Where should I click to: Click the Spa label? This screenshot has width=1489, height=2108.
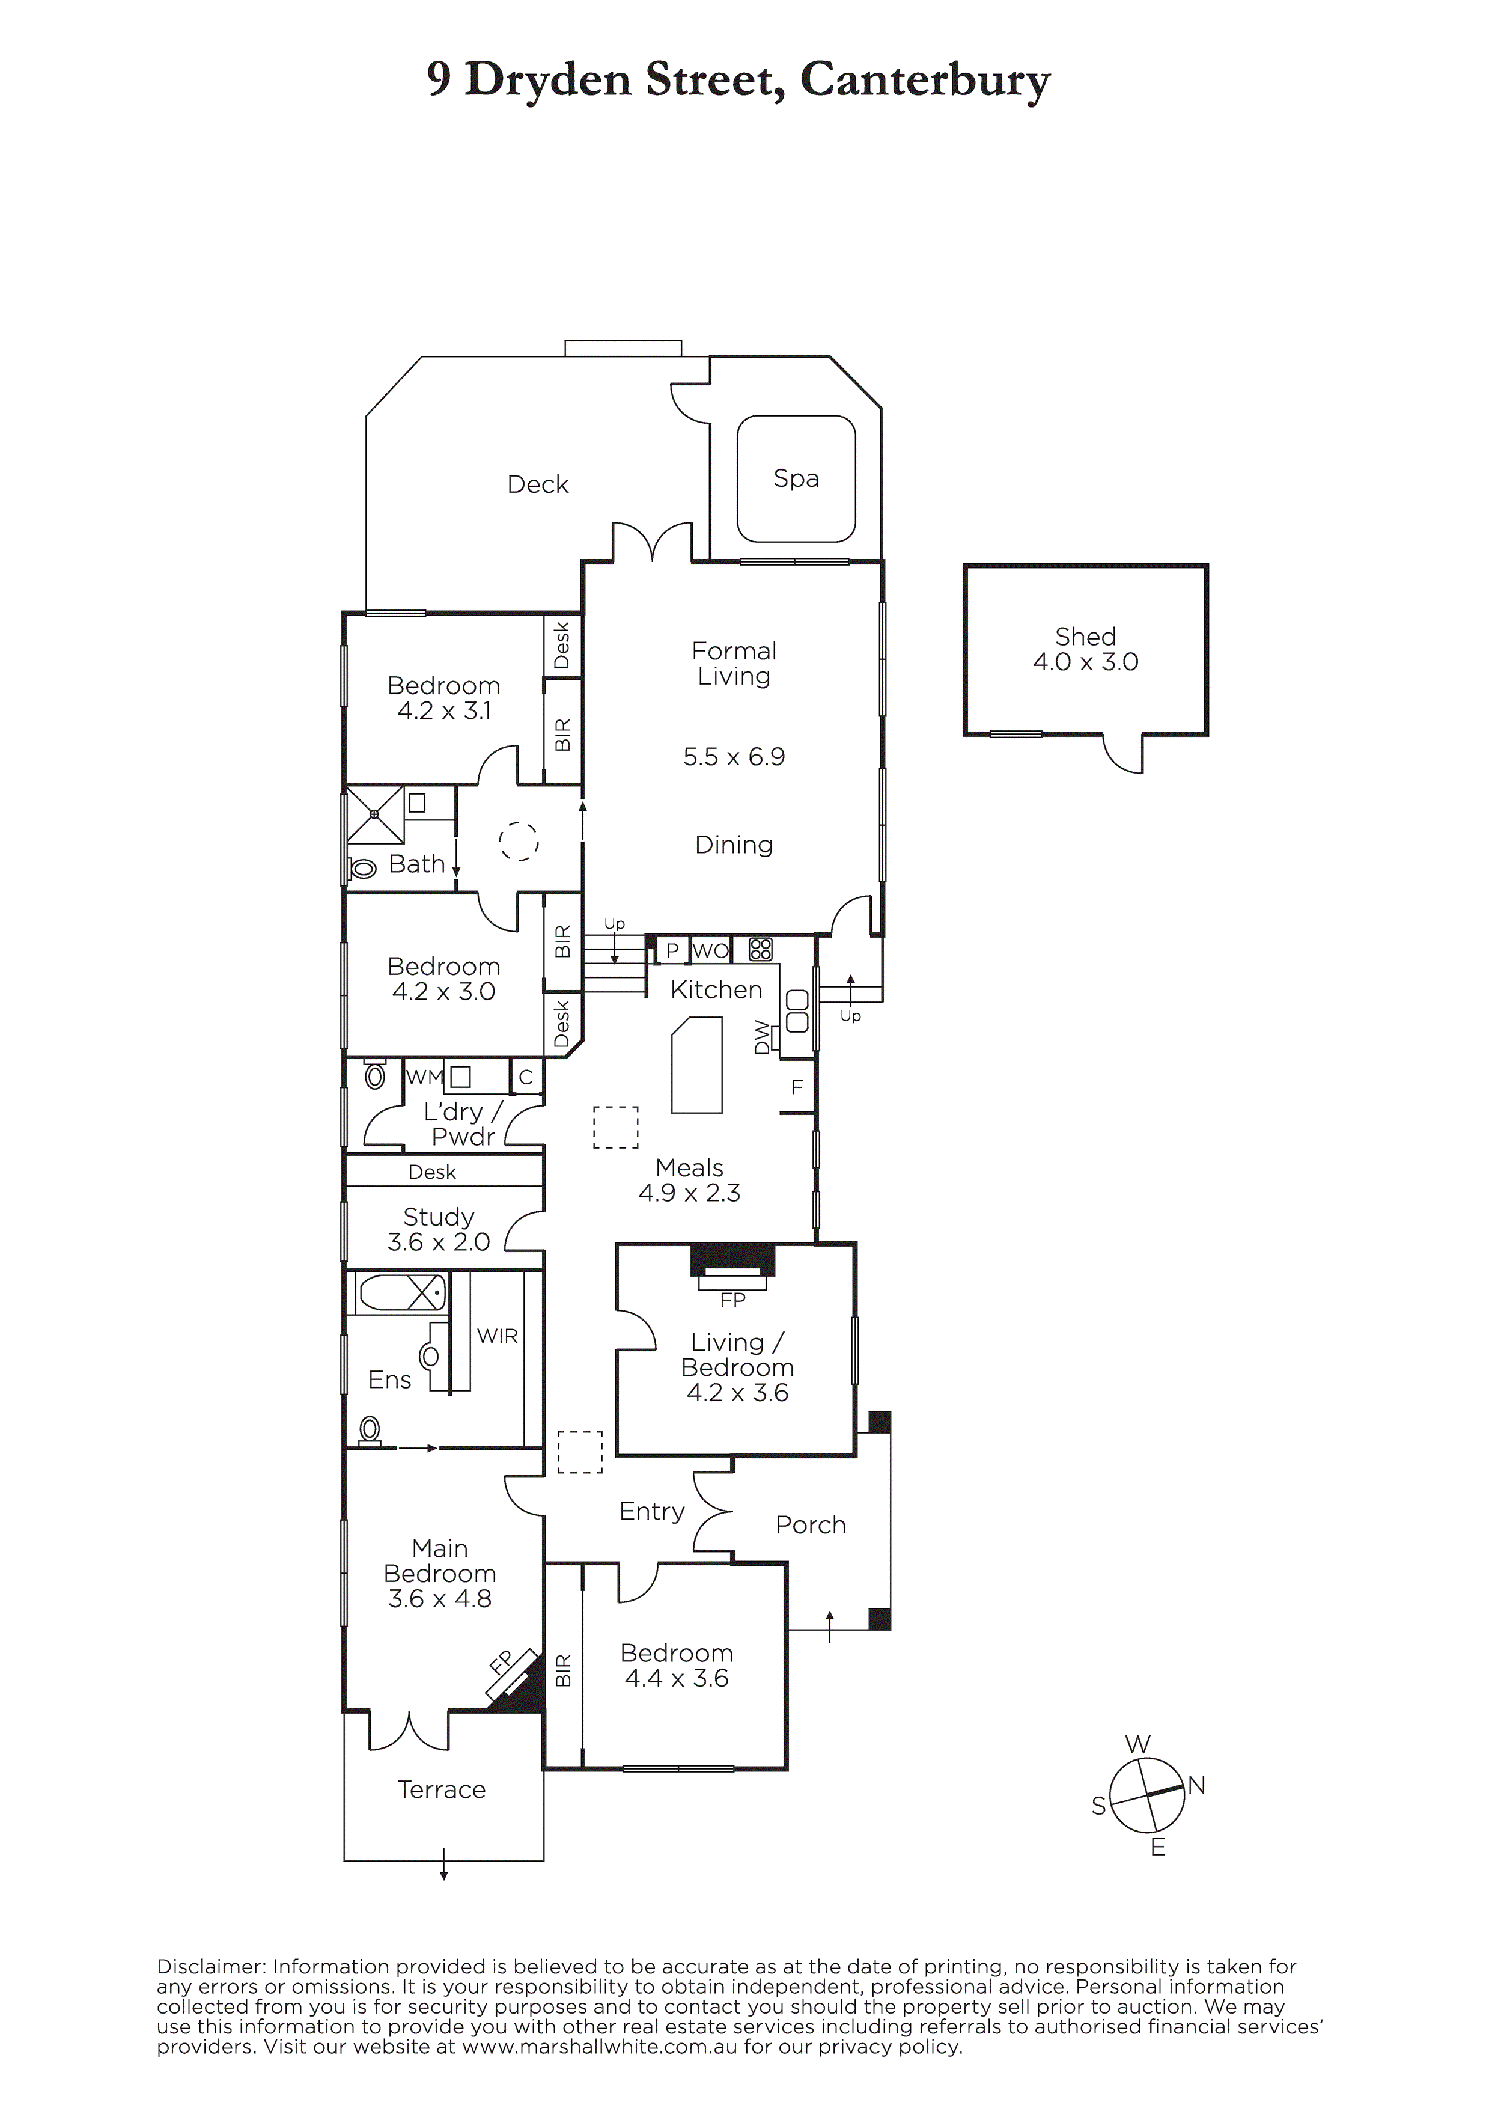point(796,478)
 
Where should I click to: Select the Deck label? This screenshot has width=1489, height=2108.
point(538,484)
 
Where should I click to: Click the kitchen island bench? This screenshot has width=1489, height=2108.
point(698,1064)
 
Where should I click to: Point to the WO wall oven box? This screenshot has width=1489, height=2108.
point(710,950)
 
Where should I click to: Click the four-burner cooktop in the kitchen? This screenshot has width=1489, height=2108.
point(760,949)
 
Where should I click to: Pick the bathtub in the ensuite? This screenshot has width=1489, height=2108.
point(401,1294)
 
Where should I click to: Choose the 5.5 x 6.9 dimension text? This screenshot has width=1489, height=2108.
point(734,757)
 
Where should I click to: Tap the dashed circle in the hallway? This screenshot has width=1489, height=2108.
point(519,841)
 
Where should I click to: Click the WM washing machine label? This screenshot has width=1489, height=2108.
point(425,1077)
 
